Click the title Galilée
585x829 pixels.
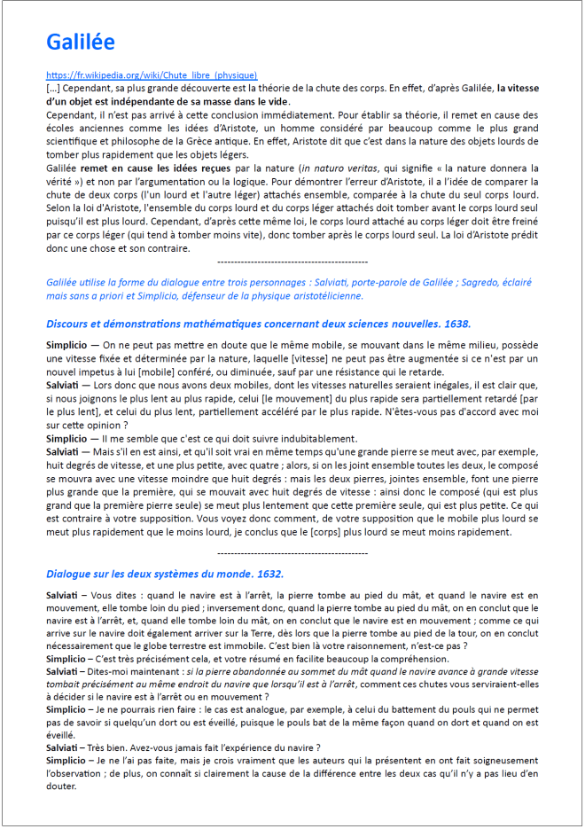81,42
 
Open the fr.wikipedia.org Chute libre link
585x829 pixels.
152,76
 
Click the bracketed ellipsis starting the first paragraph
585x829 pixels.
52,89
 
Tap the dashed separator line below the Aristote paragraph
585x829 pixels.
292,262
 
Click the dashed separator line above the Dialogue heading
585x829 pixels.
292,552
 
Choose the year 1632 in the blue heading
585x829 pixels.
267,574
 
